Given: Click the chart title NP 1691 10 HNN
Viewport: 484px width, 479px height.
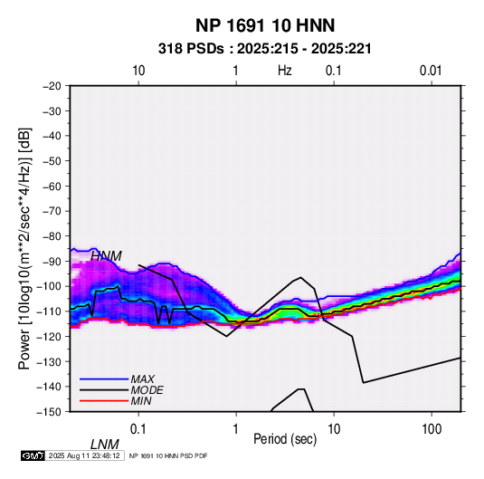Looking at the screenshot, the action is pyautogui.click(x=265, y=25).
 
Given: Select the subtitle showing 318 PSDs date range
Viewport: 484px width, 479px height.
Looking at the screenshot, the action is pyautogui.click(x=264, y=49).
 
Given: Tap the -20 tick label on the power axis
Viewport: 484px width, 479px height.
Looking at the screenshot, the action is pyautogui.click(x=52, y=86).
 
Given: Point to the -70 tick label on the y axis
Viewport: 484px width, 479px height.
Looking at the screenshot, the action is pyautogui.click(x=52, y=211).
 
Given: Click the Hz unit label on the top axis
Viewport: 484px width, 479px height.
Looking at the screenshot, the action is pyautogui.click(x=285, y=71).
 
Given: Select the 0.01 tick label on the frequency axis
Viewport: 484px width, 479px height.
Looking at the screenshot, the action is pyautogui.click(x=431, y=71).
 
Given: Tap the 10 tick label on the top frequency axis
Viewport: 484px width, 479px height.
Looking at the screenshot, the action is pyautogui.click(x=138, y=71).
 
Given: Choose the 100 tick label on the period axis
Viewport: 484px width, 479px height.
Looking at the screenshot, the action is pyautogui.click(x=432, y=429).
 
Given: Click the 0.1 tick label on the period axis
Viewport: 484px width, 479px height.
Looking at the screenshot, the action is pyautogui.click(x=138, y=429).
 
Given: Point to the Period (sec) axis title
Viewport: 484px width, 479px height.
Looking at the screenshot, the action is pyautogui.click(x=285, y=439).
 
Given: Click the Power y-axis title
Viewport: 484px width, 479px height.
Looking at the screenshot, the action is pyautogui.click(x=24, y=249).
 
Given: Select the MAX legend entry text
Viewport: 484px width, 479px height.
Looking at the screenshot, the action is pyautogui.click(x=143, y=378).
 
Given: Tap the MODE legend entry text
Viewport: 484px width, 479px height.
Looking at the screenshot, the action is pyautogui.click(x=147, y=390).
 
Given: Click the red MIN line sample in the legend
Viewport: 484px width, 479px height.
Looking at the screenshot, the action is pyautogui.click(x=104, y=401).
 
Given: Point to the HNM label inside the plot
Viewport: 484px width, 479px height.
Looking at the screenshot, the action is pyautogui.click(x=106, y=256).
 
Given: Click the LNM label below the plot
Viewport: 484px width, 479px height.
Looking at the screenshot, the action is pyautogui.click(x=105, y=445).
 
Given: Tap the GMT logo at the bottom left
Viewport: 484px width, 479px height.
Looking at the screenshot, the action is pyautogui.click(x=33, y=455).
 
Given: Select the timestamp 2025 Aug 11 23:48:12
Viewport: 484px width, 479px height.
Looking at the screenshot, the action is pyautogui.click(x=84, y=455).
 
